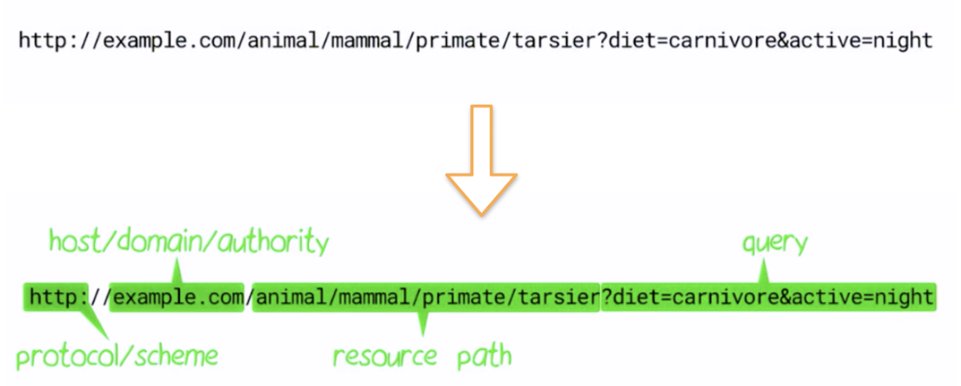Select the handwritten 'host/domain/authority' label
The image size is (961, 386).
(188, 242)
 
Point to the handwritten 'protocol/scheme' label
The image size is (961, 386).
(117, 356)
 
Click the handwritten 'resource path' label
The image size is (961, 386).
(422, 356)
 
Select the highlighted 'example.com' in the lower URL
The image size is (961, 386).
(178, 296)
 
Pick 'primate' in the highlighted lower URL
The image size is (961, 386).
(459, 296)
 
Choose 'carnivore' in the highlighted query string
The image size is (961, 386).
(711, 296)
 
